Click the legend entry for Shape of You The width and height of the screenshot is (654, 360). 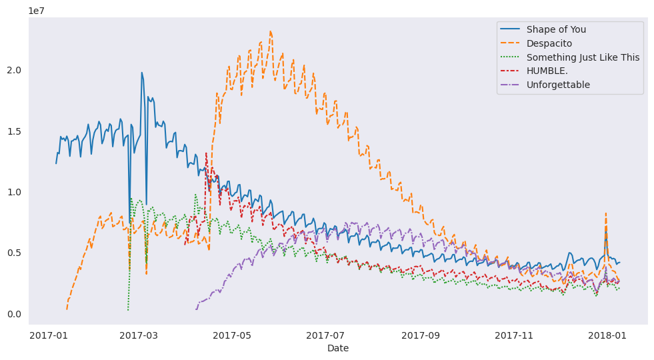click(x=556, y=29)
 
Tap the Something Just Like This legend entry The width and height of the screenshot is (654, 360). click(x=583, y=57)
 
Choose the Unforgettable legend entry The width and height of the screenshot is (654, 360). click(x=558, y=85)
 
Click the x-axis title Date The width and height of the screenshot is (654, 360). click(x=338, y=348)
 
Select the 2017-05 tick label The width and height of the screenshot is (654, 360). click(x=231, y=335)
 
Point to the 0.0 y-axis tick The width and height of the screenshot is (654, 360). click(x=15, y=314)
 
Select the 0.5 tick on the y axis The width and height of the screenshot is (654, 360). click(x=15, y=253)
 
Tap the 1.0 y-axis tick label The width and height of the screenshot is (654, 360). click(x=15, y=192)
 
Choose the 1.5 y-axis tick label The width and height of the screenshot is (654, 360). click(x=15, y=131)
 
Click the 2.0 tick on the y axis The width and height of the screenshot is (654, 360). click(x=15, y=70)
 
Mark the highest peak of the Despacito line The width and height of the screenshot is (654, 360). click(x=270, y=31)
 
